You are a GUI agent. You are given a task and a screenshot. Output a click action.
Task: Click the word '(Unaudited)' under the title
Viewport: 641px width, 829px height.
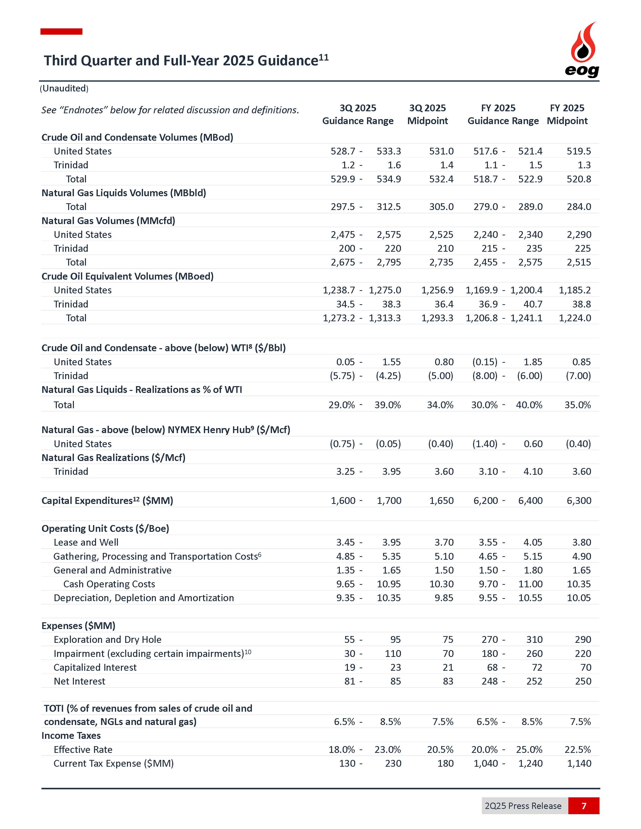[x=64, y=88]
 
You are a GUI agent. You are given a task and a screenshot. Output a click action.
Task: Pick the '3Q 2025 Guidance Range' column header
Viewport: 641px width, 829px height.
[x=358, y=114]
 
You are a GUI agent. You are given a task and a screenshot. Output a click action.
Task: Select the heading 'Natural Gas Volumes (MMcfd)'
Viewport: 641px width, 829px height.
[x=108, y=221]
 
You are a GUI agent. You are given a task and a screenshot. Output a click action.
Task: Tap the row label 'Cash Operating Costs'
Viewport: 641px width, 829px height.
[x=109, y=584]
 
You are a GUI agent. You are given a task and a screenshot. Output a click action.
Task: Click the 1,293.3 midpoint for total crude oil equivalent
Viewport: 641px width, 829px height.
[x=437, y=318]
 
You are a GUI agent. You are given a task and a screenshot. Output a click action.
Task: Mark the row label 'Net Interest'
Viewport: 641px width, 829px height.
[x=79, y=681]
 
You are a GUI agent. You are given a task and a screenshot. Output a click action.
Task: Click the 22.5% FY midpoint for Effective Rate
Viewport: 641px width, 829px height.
[x=578, y=750]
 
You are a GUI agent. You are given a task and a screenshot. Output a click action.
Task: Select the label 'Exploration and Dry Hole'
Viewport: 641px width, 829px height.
[x=108, y=640]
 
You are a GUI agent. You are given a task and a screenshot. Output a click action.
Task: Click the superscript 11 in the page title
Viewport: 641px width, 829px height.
[x=324, y=57]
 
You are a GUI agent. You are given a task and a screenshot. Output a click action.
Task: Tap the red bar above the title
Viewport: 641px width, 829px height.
[x=62, y=31]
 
